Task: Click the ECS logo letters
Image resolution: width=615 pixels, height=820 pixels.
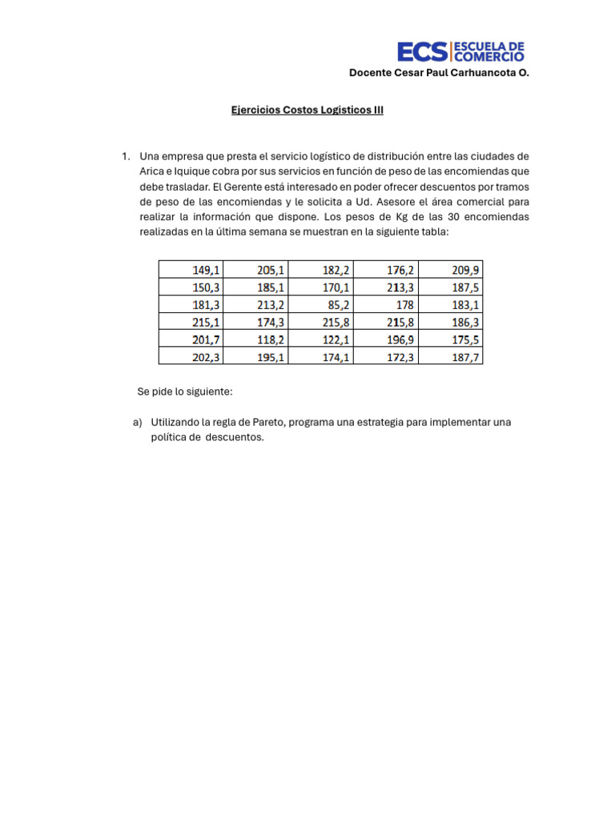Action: pyautogui.click(x=424, y=53)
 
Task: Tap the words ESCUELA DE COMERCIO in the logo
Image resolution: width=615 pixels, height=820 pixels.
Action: pyautogui.click(x=489, y=53)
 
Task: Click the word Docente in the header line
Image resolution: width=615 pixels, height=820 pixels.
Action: pyautogui.click(x=368, y=73)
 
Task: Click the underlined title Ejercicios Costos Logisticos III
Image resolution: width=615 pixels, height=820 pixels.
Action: pyautogui.click(x=307, y=111)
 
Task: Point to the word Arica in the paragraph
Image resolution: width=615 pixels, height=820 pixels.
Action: pyautogui.click(x=152, y=171)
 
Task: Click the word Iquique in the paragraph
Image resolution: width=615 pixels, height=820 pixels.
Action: pyautogui.click(x=195, y=171)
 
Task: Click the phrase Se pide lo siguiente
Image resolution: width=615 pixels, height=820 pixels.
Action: pyautogui.click(x=185, y=392)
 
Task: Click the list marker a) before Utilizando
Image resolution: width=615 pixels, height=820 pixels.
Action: pyautogui.click(x=138, y=422)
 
